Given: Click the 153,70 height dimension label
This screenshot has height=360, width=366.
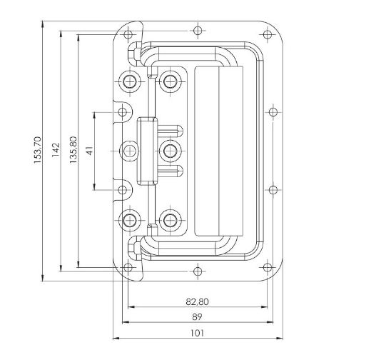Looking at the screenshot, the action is point(38,150).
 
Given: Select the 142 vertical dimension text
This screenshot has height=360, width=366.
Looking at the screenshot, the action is point(56,150).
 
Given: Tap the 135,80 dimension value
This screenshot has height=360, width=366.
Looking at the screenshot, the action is point(73,150).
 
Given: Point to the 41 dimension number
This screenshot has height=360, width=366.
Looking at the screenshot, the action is point(89,151).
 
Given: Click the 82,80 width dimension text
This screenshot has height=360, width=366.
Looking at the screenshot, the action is point(197,302).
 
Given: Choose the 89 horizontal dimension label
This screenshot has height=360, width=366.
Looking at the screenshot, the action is point(197,317).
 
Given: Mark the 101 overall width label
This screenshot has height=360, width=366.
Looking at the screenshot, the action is point(197,333).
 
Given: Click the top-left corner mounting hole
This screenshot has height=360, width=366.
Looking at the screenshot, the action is point(128,34).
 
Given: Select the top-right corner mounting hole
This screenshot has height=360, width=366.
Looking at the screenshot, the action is point(268,34).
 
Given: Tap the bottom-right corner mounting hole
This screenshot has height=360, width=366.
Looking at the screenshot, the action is point(268,267).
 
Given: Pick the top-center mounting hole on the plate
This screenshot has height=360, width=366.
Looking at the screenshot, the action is point(198,31).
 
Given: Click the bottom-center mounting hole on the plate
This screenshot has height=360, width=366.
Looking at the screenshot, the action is point(198,271).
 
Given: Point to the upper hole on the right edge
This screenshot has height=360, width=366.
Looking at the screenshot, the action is point(273,111).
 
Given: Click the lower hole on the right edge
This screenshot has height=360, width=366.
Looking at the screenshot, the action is point(273,190).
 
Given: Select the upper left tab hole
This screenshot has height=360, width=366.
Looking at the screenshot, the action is point(122,111).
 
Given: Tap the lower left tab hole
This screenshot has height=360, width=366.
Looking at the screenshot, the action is point(122,190).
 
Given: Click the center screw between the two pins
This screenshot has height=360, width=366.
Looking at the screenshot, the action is point(171,151).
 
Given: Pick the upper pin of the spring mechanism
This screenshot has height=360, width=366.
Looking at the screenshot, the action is point(171,131).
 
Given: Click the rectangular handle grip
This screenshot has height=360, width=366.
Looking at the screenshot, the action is point(219,151).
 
